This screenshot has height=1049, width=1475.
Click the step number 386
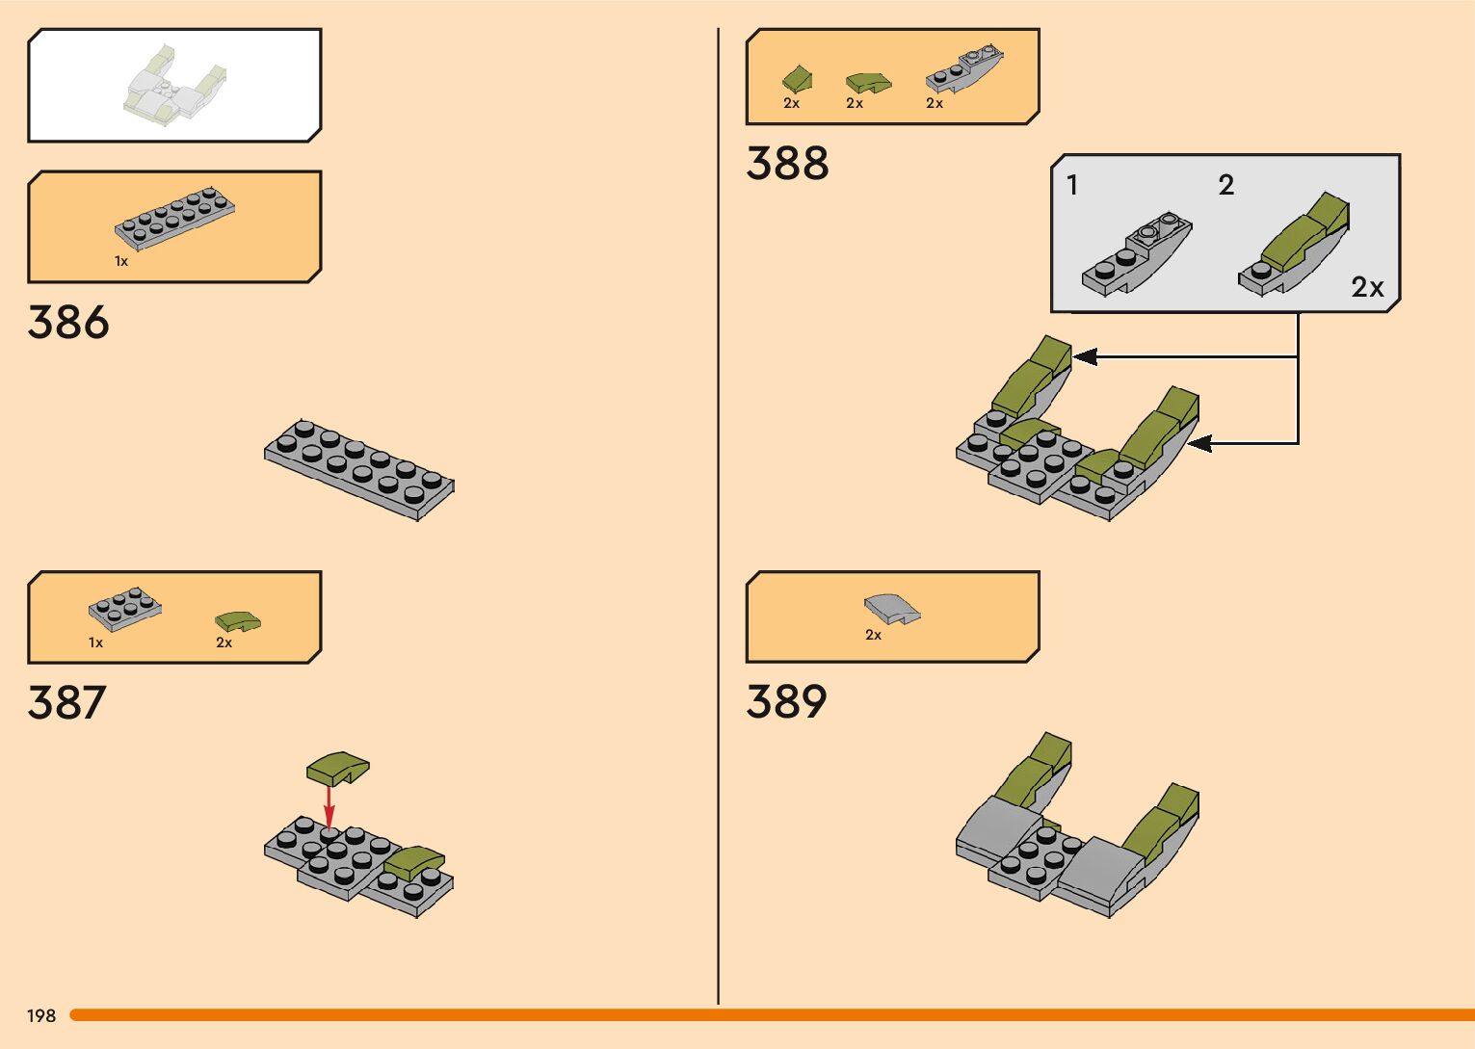(68, 323)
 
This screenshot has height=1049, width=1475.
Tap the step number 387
(66, 703)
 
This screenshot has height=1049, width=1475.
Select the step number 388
(787, 164)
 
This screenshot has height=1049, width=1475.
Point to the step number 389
(786, 701)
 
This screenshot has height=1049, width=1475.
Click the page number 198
(41, 1015)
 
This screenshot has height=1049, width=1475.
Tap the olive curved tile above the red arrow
(338, 768)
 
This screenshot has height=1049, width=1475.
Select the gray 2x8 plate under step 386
(358, 470)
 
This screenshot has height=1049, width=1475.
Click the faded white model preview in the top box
(174, 85)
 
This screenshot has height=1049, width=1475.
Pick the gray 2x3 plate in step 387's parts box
(124, 608)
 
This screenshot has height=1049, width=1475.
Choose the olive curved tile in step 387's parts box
(238, 621)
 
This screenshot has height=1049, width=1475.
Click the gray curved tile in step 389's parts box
(891, 610)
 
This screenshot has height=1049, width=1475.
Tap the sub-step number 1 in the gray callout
(1072, 185)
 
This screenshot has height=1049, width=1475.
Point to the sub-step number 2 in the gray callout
(1225, 185)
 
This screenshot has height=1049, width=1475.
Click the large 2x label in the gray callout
(1367, 287)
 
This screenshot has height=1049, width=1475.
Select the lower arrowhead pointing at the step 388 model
(1200, 444)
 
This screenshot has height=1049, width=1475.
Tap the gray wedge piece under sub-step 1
(1137, 255)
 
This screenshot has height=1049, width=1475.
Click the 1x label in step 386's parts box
(121, 261)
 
